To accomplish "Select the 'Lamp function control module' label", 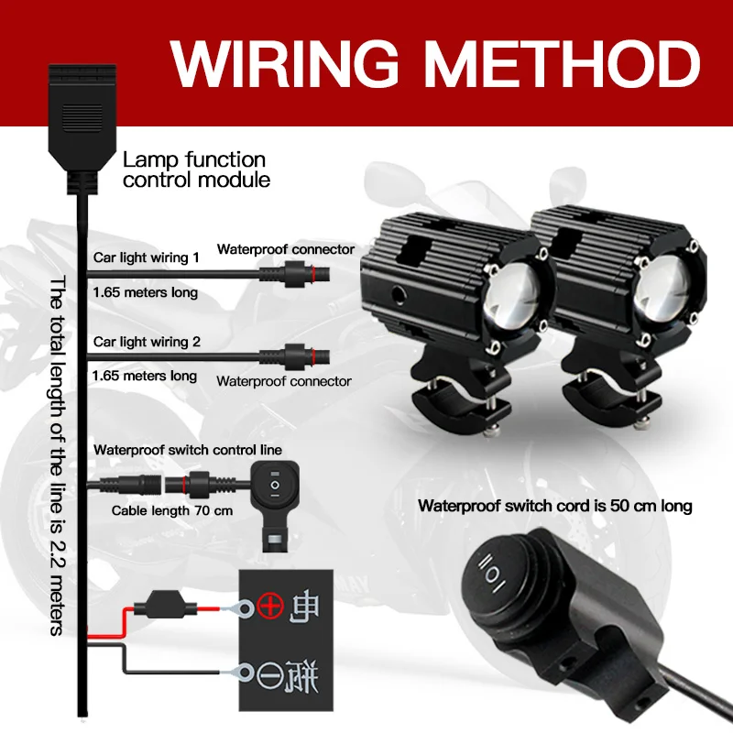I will (196, 170).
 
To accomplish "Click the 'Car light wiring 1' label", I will (147, 257).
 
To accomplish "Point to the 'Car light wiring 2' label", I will (147, 342).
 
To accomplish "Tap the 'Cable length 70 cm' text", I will (172, 511).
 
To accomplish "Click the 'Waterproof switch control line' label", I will (187, 450).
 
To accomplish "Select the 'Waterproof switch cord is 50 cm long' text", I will (554, 505).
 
